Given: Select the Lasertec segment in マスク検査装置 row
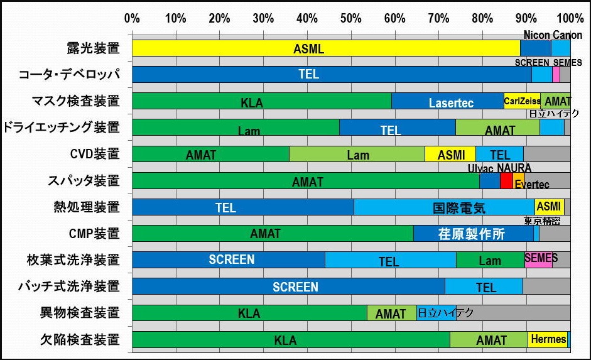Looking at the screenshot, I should (447, 101).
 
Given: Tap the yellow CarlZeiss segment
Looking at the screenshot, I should (522, 101).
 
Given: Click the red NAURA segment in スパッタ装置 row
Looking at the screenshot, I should (506, 181).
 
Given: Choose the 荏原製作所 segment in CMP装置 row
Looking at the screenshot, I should (473, 234).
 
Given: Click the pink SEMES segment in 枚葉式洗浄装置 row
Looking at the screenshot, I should (538, 259).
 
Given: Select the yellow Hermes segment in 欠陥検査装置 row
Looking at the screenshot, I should (547, 339).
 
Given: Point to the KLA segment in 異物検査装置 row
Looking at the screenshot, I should (249, 313).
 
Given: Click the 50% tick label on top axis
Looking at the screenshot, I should (350, 17).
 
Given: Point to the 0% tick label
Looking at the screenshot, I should (132, 17).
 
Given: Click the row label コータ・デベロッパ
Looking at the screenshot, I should (69, 74).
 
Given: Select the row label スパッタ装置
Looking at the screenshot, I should (84, 181).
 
